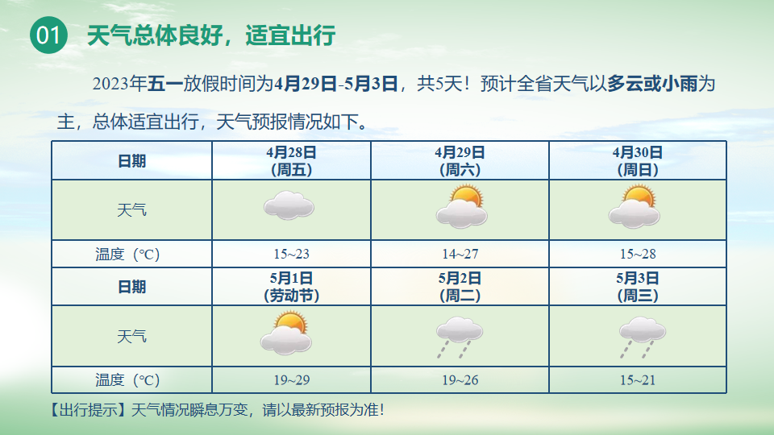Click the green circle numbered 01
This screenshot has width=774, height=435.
coord(48,35)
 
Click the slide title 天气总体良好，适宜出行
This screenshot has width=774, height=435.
coord(211,35)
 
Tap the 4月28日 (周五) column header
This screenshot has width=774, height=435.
coord(291,161)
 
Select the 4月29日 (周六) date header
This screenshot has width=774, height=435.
coord(460,161)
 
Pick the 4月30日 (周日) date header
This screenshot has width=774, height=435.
coord(637,161)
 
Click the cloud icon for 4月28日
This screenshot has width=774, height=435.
coord(289,205)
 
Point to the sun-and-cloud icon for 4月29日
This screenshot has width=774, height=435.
coord(461,207)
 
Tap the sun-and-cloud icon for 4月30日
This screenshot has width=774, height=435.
coord(635,207)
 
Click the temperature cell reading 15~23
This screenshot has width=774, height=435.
coord(291,254)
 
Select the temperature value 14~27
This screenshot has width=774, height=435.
coord(460,254)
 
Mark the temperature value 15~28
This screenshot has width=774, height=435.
coord(638,254)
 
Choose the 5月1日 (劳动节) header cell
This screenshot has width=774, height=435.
coord(291,287)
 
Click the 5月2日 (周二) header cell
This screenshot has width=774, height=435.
coord(460,287)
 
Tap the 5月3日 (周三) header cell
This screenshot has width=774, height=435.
coord(637,287)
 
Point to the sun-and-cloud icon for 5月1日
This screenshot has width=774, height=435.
coord(286,333)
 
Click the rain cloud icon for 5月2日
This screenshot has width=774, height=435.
coord(459,337)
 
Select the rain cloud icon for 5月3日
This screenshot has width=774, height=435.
coord(643,337)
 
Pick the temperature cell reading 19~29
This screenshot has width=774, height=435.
coord(292,380)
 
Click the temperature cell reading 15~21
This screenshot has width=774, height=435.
coord(638,380)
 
